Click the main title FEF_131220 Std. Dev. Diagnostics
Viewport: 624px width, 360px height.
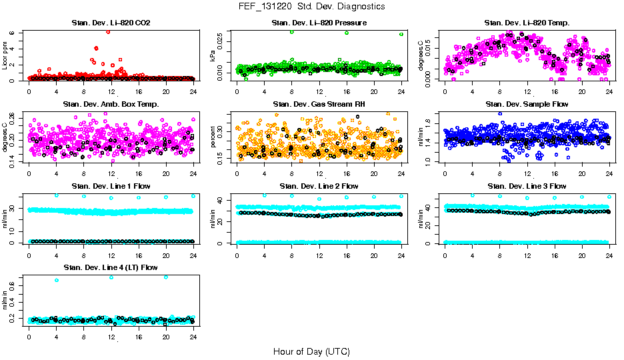311,6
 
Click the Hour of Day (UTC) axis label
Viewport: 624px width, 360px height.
311,351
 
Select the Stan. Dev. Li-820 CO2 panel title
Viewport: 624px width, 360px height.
111,23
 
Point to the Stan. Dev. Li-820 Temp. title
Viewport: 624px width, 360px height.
527,23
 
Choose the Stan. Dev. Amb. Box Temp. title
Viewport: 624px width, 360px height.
111,105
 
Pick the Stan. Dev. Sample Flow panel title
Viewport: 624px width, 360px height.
527,105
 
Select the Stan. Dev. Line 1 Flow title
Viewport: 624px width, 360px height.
111,186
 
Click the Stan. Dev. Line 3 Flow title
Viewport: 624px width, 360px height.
527,186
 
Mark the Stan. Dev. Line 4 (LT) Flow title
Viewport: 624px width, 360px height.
111,267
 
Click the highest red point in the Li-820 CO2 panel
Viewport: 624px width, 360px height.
109,31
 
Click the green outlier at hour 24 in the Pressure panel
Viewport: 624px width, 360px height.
401,34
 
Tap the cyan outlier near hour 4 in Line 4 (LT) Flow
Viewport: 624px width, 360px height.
57,280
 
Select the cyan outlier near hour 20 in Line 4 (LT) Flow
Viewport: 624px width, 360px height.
166,277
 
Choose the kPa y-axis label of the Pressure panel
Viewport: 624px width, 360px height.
213,57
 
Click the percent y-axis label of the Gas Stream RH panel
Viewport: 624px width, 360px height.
213,138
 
